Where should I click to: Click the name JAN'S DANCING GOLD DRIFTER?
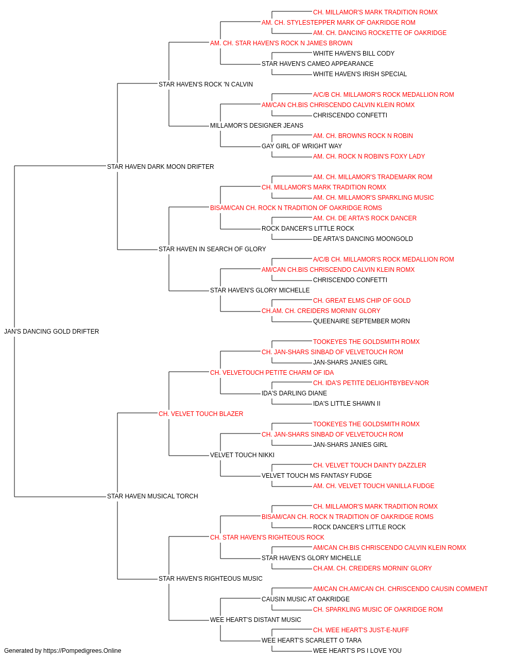(x=51, y=332)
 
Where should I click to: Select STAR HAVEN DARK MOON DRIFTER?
(x=161, y=167)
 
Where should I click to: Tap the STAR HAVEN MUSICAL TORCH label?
(x=152, y=496)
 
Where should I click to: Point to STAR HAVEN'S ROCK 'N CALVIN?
(x=205, y=84)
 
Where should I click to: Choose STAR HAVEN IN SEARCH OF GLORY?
(x=212, y=249)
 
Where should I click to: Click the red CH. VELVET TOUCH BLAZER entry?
(x=201, y=414)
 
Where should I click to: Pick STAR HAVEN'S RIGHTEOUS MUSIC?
(x=211, y=579)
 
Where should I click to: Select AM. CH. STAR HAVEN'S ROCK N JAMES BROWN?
(x=281, y=43)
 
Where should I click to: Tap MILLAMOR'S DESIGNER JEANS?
(x=256, y=126)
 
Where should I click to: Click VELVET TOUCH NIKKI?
(x=243, y=455)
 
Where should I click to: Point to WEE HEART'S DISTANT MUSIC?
(x=255, y=620)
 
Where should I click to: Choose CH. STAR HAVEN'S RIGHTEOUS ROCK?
(x=267, y=537)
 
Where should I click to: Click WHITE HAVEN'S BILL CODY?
(x=354, y=54)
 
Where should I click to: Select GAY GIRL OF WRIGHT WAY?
(x=302, y=146)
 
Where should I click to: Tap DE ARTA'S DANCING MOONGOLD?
(x=363, y=239)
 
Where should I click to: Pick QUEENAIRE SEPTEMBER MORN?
(x=361, y=321)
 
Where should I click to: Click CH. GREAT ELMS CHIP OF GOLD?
(x=362, y=301)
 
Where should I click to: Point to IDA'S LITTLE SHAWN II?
(x=347, y=404)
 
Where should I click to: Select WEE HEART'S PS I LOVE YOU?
(x=357, y=651)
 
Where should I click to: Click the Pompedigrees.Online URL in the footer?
(x=82, y=651)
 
